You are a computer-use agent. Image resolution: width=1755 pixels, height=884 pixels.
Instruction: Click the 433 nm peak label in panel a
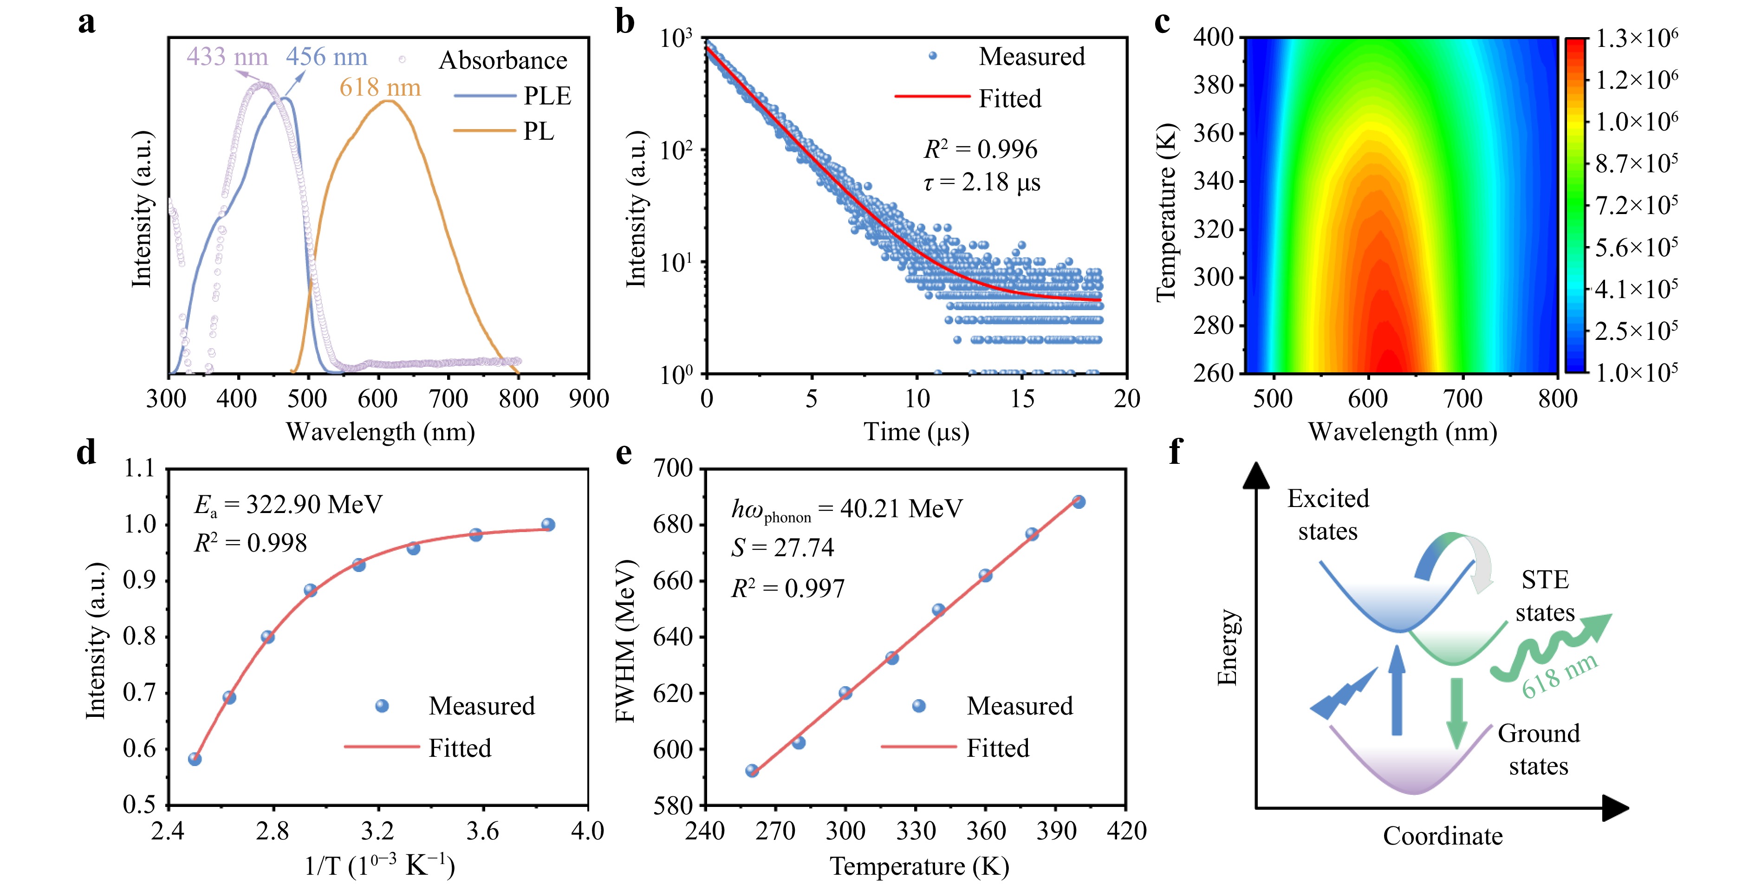pyautogui.click(x=227, y=57)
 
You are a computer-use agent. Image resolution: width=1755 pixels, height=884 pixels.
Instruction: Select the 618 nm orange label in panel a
pyautogui.click(x=380, y=88)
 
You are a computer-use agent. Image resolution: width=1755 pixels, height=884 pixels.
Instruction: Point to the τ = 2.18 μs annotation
pyautogui.click(x=982, y=182)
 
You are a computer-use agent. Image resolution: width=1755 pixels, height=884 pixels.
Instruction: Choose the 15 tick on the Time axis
pyautogui.click(x=1022, y=398)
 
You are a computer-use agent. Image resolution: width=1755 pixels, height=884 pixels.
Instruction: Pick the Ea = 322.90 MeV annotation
pyautogui.click(x=288, y=505)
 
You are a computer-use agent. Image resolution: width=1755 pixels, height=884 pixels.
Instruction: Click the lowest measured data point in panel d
pyautogui.click(x=195, y=759)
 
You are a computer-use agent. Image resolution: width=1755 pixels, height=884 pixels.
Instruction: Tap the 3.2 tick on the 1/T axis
pyautogui.click(x=377, y=831)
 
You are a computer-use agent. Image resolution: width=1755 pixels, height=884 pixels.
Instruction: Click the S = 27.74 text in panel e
pyautogui.click(x=782, y=547)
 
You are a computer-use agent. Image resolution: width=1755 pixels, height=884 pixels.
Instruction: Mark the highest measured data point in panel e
pyautogui.click(x=1079, y=502)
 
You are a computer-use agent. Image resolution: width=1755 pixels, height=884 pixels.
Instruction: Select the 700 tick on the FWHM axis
pyautogui.click(x=673, y=468)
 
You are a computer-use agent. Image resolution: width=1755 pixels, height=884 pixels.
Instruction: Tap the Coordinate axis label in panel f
pyautogui.click(x=1442, y=836)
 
